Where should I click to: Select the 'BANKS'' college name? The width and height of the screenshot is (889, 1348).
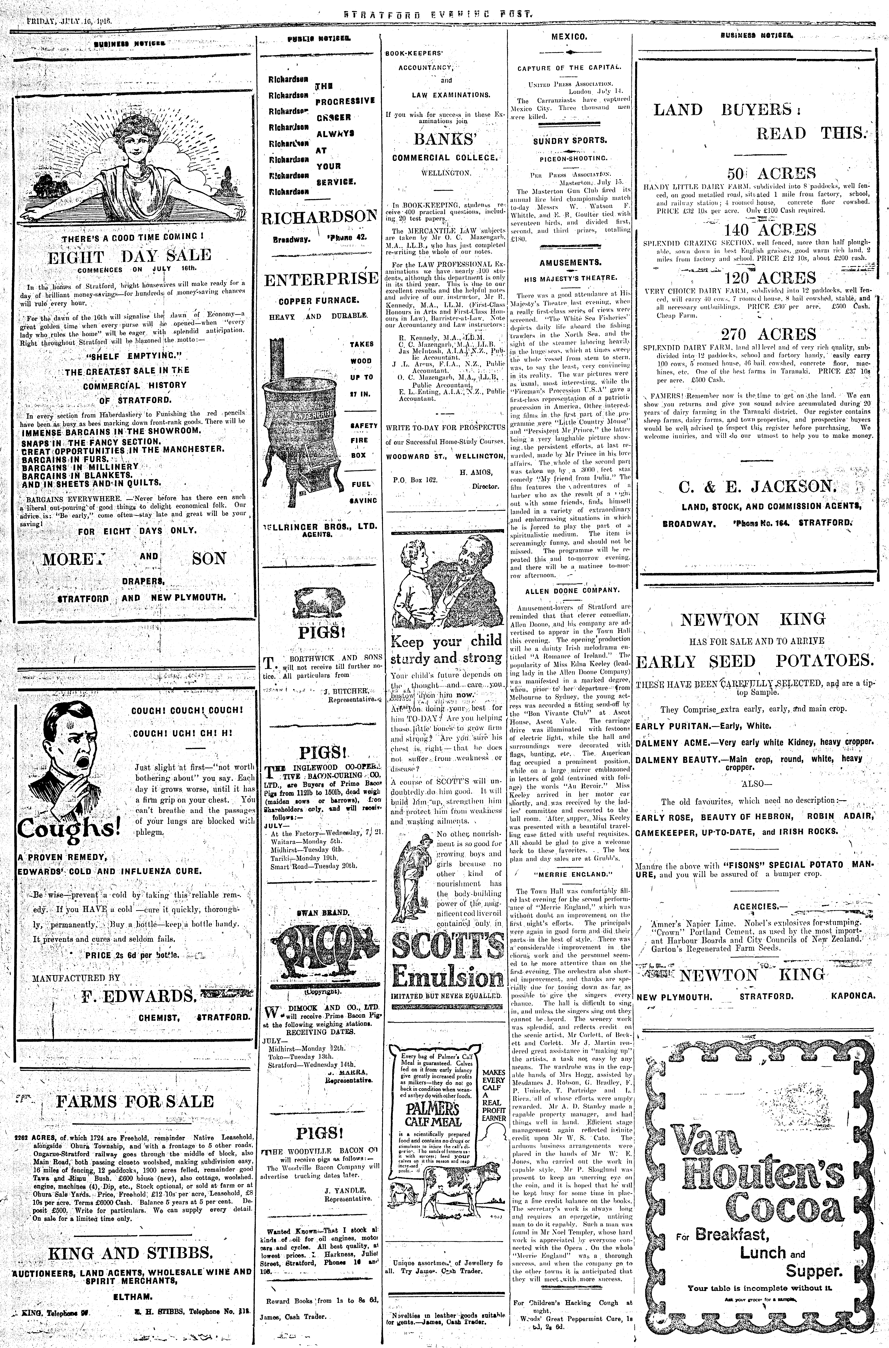(x=444, y=139)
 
